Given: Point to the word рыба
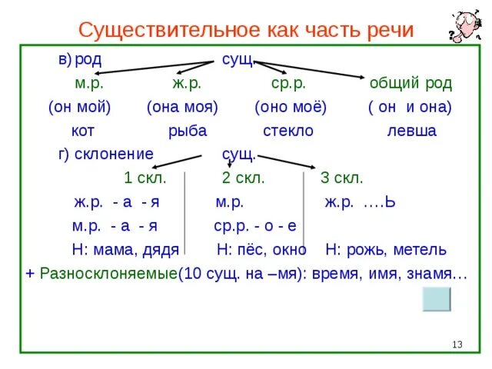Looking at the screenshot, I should click(x=188, y=131).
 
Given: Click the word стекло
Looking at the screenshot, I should click(x=288, y=131).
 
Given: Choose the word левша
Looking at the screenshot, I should click(x=411, y=131).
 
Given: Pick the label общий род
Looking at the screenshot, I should click(x=411, y=83).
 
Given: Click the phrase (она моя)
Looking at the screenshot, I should click(x=183, y=107).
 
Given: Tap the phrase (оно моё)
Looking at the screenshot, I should click(x=291, y=107).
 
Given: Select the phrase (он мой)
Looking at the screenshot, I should click(x=79, y=107).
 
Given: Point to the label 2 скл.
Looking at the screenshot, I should click(x=243, y=178).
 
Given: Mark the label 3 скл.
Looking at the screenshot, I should click(x=341, y=178).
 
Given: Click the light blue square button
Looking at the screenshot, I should click(x=437, y=299).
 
